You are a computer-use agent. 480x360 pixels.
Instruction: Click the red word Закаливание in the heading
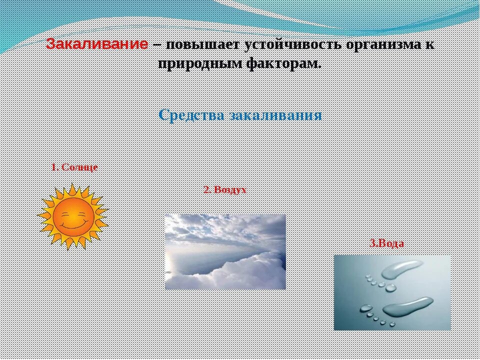tap(97, 44)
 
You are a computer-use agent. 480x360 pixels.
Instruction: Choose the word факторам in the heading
tap(282, 63)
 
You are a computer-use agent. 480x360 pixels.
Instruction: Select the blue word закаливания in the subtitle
tap(275, 115)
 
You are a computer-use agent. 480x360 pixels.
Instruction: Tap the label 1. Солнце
tap(74, 167)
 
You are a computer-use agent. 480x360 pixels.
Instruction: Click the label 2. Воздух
tap(225, 190)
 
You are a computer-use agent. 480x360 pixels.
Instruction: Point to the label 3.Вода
tap(386, 243)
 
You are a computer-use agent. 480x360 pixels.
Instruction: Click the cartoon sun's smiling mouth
tap(73, 224)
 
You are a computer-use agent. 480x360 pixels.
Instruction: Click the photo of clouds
tap(225, 251)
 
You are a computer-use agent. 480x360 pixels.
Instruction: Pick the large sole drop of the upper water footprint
tap(403, 270)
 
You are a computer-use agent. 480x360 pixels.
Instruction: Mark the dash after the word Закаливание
tap(156, 44)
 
